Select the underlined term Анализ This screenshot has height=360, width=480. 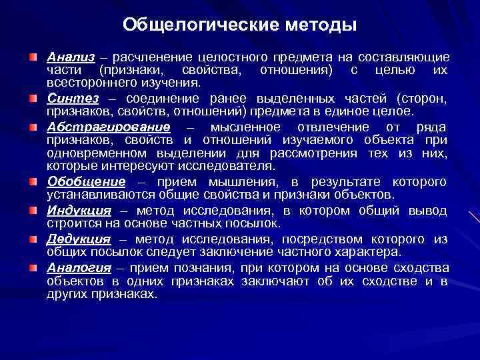point(70,58)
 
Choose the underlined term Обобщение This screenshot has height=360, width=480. point(86,182)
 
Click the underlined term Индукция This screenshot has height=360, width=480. point(78,211)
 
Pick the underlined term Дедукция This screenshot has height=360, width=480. point(78,239)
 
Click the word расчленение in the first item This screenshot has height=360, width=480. point(155,59)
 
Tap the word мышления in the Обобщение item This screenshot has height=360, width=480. point(241,183)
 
